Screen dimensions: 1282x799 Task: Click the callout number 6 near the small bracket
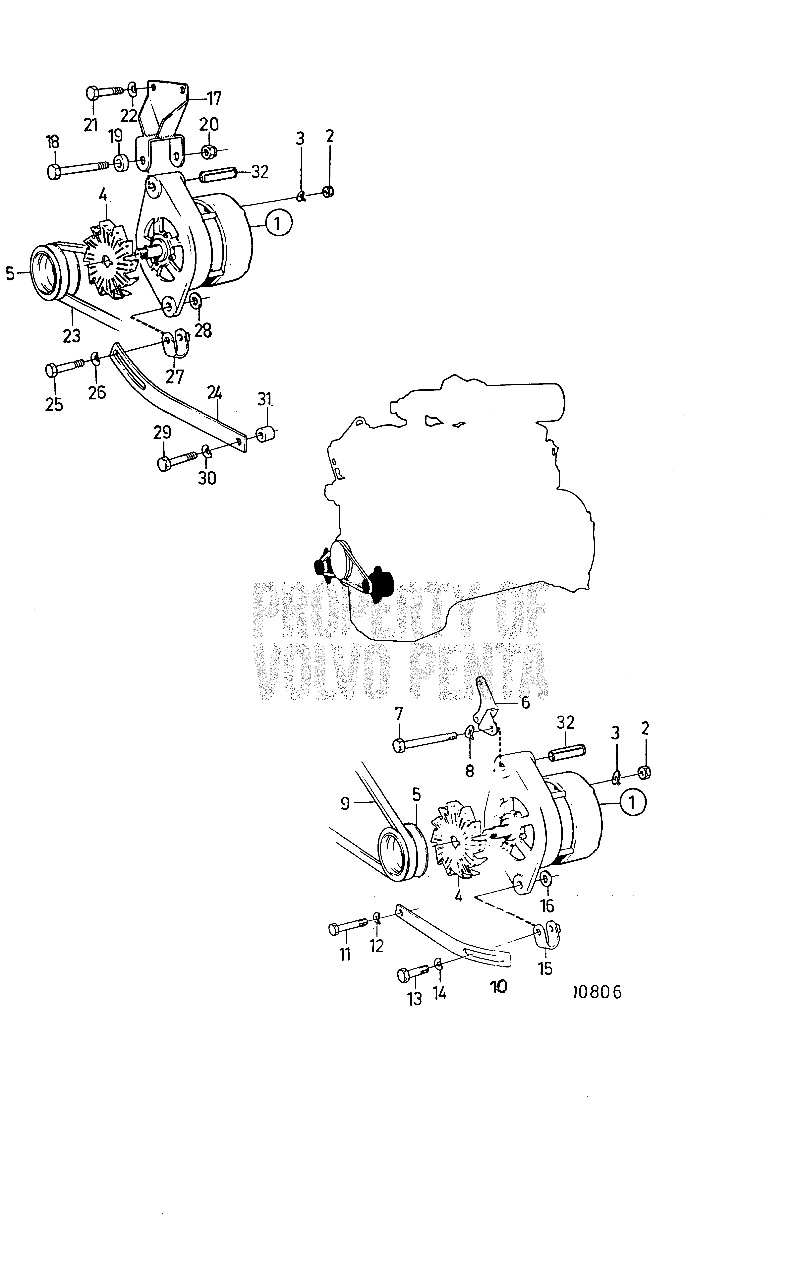point(525,703)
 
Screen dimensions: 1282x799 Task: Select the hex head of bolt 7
point(399,746)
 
